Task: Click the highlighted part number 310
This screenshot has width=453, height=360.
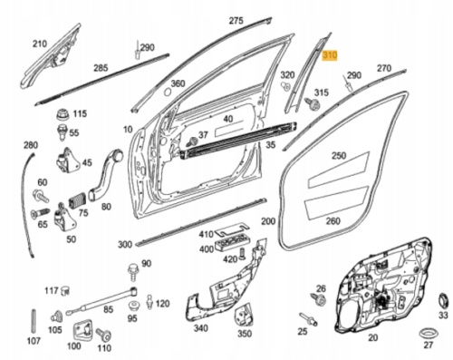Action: [330, 55]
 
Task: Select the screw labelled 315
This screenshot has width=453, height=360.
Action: [313, 104]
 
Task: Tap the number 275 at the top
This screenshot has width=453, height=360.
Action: [236, 21]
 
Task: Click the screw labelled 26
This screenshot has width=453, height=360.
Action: [319, 298]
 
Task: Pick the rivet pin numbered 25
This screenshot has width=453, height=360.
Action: [308, 319]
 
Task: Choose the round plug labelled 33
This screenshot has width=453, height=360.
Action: [443, 300]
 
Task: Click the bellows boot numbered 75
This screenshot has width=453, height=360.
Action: [77, 199]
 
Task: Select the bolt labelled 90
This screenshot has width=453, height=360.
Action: [132, 272]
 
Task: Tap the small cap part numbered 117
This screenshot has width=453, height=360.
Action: [65, 290]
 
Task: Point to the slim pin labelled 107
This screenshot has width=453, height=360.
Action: [34, 321]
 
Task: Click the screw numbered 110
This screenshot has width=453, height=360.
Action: [104, 335]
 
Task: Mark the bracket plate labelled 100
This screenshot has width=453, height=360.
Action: [82, 331]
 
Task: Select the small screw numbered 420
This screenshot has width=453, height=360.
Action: [241, 253]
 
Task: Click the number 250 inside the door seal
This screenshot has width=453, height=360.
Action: [339, 156]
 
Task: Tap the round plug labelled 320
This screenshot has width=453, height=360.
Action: [285, 85]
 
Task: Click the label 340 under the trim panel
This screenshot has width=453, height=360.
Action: [200, 328]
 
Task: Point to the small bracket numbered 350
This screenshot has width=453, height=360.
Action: [244, 316]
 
